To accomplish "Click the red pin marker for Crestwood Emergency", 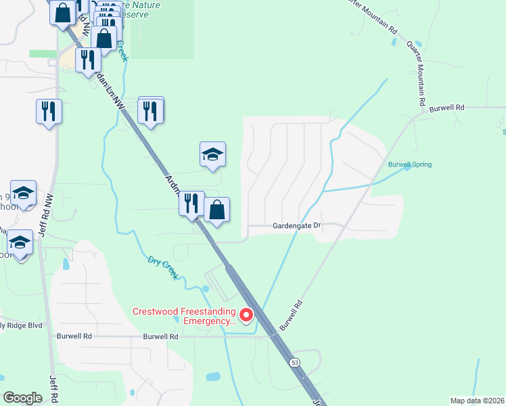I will click(x=246, y=315).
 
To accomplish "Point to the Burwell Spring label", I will click(x=409, y=164).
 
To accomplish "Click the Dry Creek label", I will click(x=162, y=267).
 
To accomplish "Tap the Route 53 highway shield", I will click(x=295, y=363).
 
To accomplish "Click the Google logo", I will click(x=22, y=398).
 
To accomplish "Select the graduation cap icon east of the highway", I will click(x=212, y=155).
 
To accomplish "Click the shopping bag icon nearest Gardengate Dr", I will click(x=217, y=210).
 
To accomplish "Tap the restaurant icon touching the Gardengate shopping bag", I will click(x=191, y=203).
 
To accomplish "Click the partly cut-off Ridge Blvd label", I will click(x=20, y=325).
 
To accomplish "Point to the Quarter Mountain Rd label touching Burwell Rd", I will click(x=415, y=74).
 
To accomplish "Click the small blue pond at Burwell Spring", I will click(x=407, y=168).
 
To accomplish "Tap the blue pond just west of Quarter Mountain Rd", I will click(x=394, y=42).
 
